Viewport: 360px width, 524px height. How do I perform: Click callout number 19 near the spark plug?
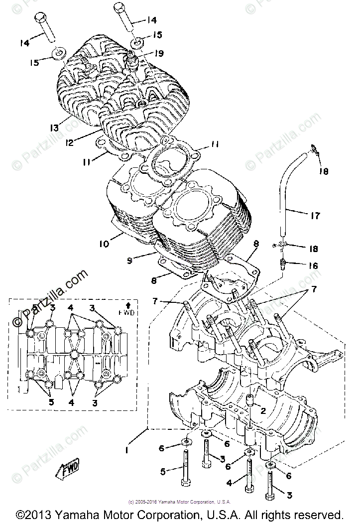pyautogui.click(x=159, y=53)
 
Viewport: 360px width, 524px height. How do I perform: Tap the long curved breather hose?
pyautogui.click(x=289, y=199)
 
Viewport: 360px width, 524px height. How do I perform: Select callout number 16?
pyautogui.click(x=312, y=265)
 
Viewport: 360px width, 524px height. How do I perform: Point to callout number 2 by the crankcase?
pyautogui.click(x=263, y=410)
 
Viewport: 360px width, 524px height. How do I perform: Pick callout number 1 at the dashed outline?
pyautogui.click(x=127, y=449)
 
